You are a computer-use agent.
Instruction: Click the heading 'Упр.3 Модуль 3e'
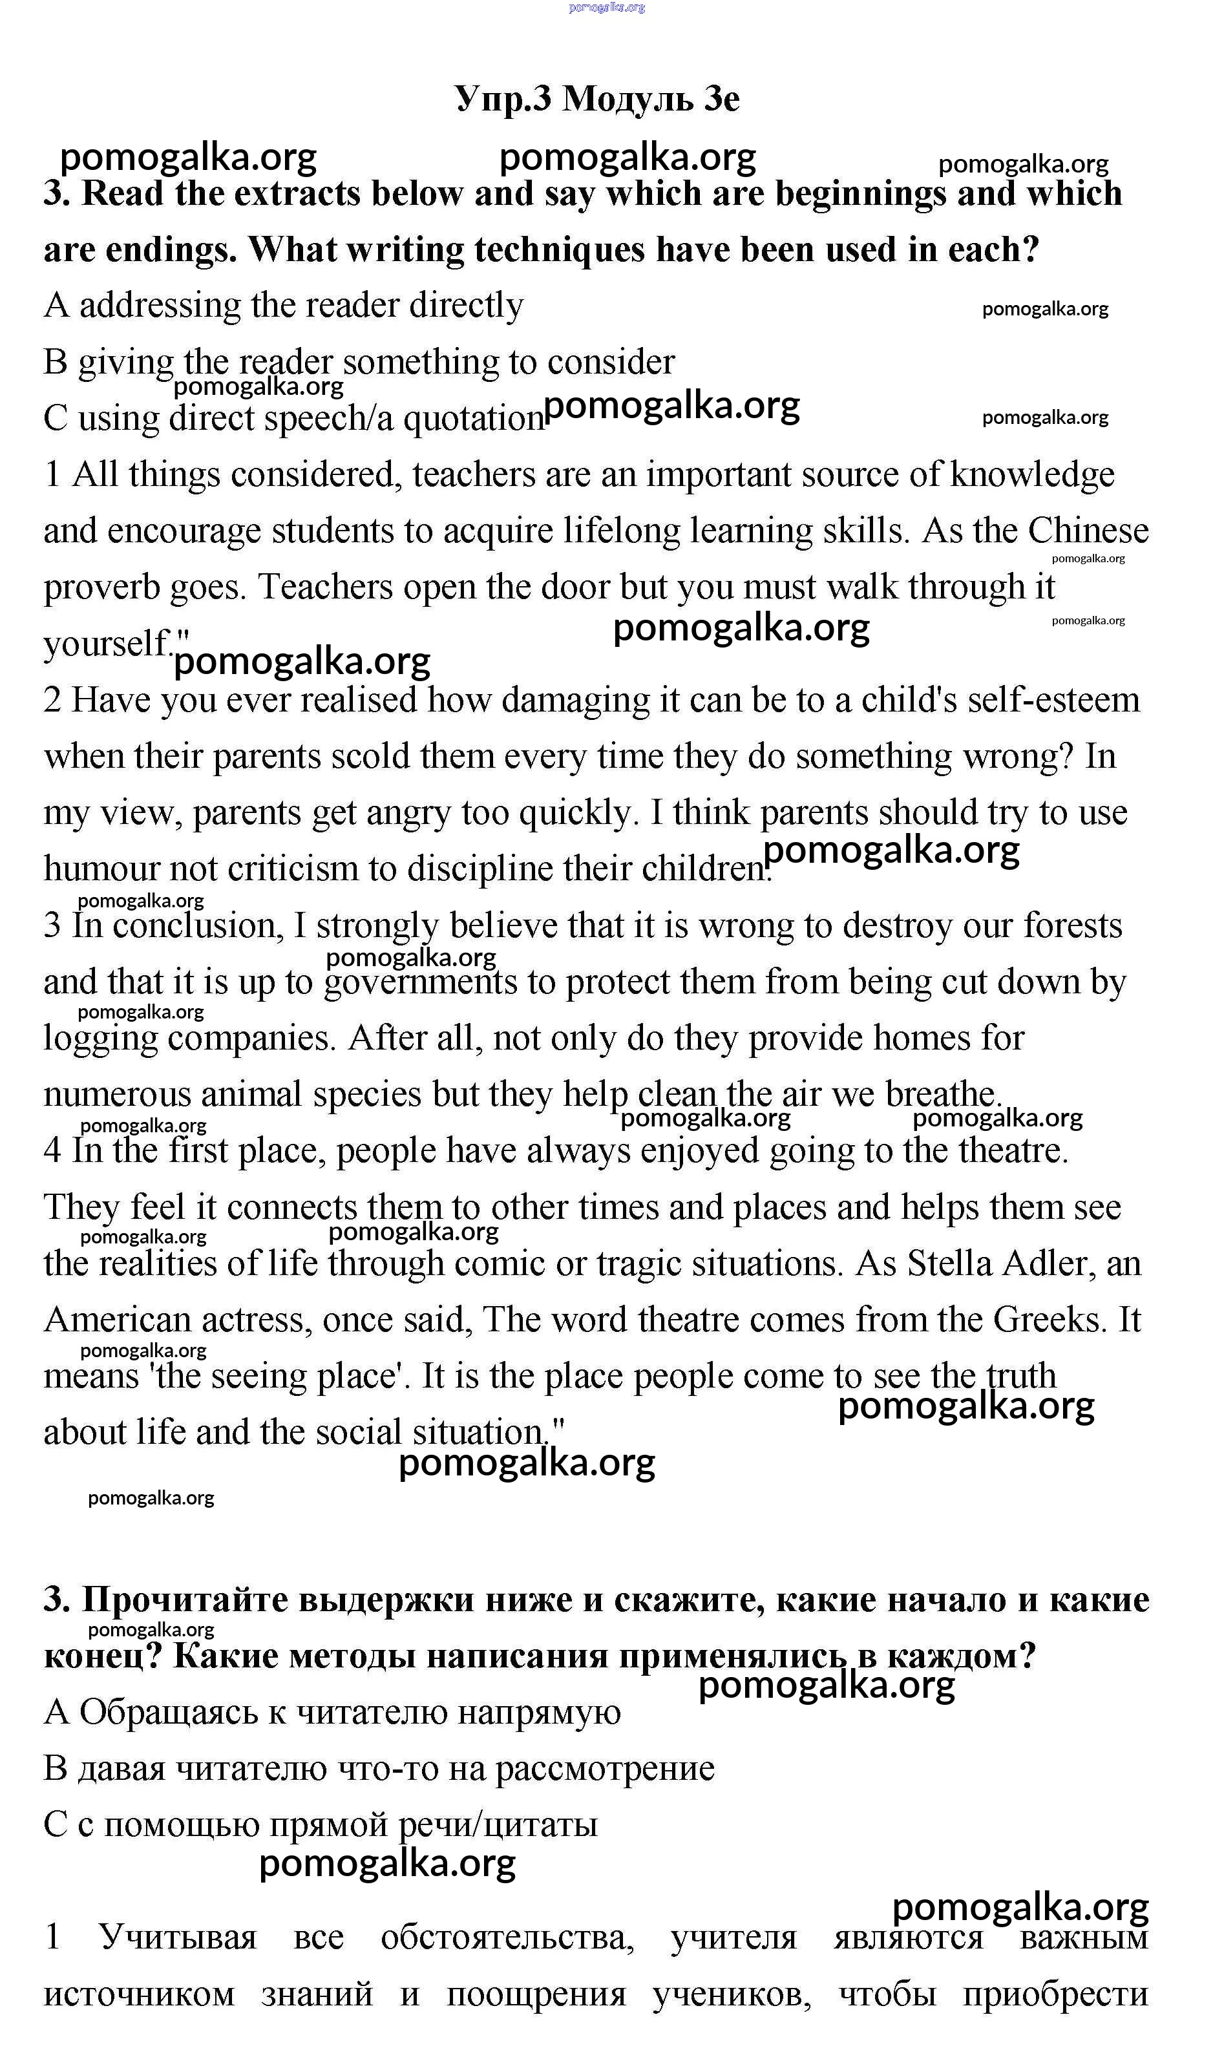coord(597,99)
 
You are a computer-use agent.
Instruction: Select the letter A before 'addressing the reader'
coord(56,306)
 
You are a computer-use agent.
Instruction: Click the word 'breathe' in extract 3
coord(941,1095)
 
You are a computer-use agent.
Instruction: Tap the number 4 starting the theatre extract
coord(52,1151)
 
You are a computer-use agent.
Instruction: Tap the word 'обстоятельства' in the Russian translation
coord(507,1937)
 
